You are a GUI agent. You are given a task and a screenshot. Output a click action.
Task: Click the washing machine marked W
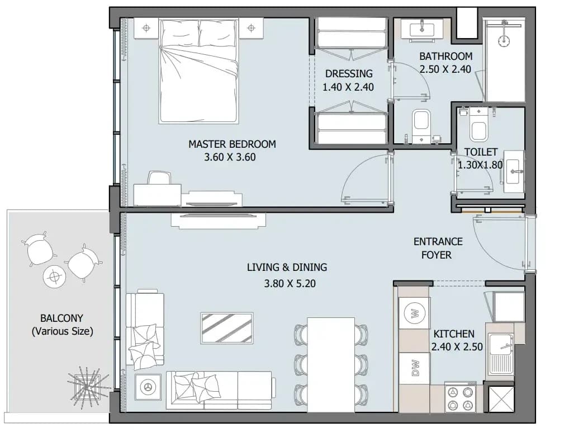[x=414, y=313]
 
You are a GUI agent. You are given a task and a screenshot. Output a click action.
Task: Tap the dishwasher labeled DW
[x=414, y=368]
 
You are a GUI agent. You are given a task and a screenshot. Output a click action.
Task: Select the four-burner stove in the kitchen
[x=460, y=397]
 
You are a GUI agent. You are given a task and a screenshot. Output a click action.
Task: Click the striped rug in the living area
[x=227, y=328]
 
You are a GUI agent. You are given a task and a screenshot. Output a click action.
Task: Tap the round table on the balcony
[x=54, y=276]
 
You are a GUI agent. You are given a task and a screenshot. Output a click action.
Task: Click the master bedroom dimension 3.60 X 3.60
[x=230, y=157]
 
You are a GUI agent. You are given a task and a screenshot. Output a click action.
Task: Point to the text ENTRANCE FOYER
[x=437, y=248]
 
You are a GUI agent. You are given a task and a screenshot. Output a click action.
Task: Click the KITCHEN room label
[x=453, y=334]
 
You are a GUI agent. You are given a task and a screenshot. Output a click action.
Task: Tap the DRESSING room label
[x=349, y=74]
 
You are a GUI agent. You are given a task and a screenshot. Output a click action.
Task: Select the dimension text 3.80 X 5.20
[x=290, y=284]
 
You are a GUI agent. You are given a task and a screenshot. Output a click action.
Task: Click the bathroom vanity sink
[x=421, y=28]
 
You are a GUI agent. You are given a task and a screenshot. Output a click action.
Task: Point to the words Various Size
[x=63, y=331]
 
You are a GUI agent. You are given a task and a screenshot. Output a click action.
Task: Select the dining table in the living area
[x=331, y=364]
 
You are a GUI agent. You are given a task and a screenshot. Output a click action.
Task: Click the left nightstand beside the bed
[x=146, y=28]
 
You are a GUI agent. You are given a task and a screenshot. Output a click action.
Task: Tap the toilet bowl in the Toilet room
[x=478, y=125]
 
